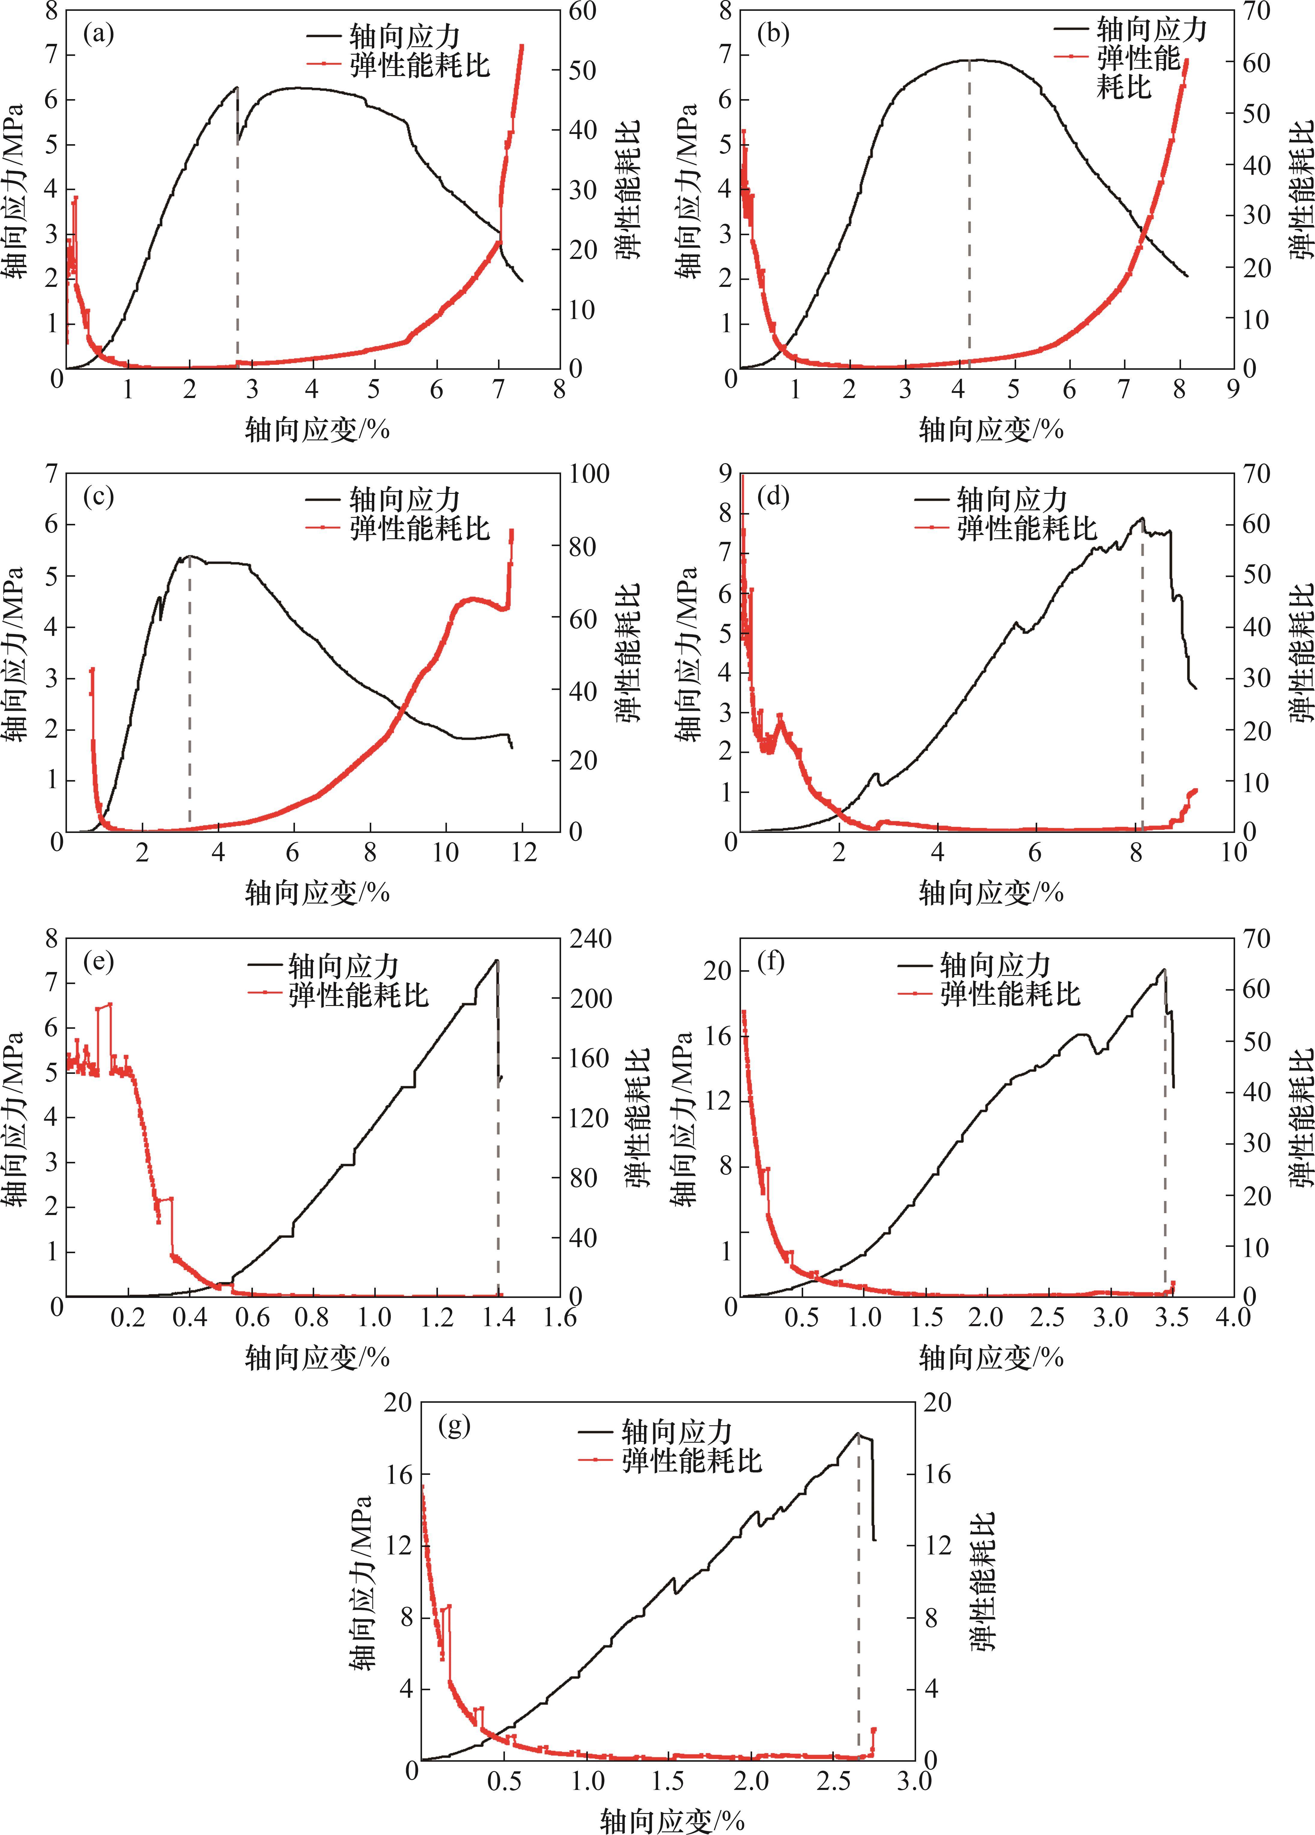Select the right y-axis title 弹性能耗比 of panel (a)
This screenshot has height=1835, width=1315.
[628, 190]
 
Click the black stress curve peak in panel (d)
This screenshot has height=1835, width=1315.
[1142, 519]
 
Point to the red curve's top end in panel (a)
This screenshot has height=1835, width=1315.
[521, 47]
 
